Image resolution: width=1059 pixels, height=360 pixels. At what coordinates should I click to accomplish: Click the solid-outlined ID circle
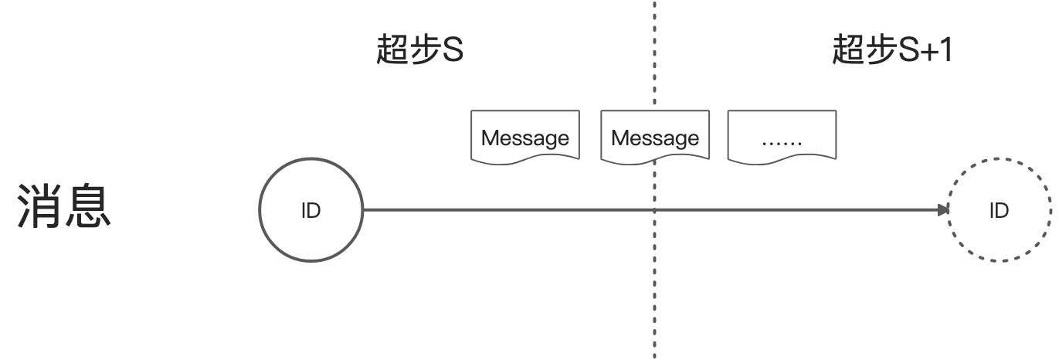pos(311,209)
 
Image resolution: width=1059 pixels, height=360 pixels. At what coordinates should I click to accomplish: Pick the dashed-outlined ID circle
pos(999,209)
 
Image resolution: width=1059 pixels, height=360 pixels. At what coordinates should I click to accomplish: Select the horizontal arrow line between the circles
pos(541,209)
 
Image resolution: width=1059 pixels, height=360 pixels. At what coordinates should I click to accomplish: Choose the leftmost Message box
pos(525,138)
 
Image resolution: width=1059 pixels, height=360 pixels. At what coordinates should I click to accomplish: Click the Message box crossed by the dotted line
pos(655,138)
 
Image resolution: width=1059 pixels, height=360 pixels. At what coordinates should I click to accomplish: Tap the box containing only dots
pos(782,138)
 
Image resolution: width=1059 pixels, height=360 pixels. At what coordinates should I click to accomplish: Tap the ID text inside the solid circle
pos(311,210)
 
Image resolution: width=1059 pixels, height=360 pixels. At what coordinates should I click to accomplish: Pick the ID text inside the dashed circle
pos(999,210)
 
